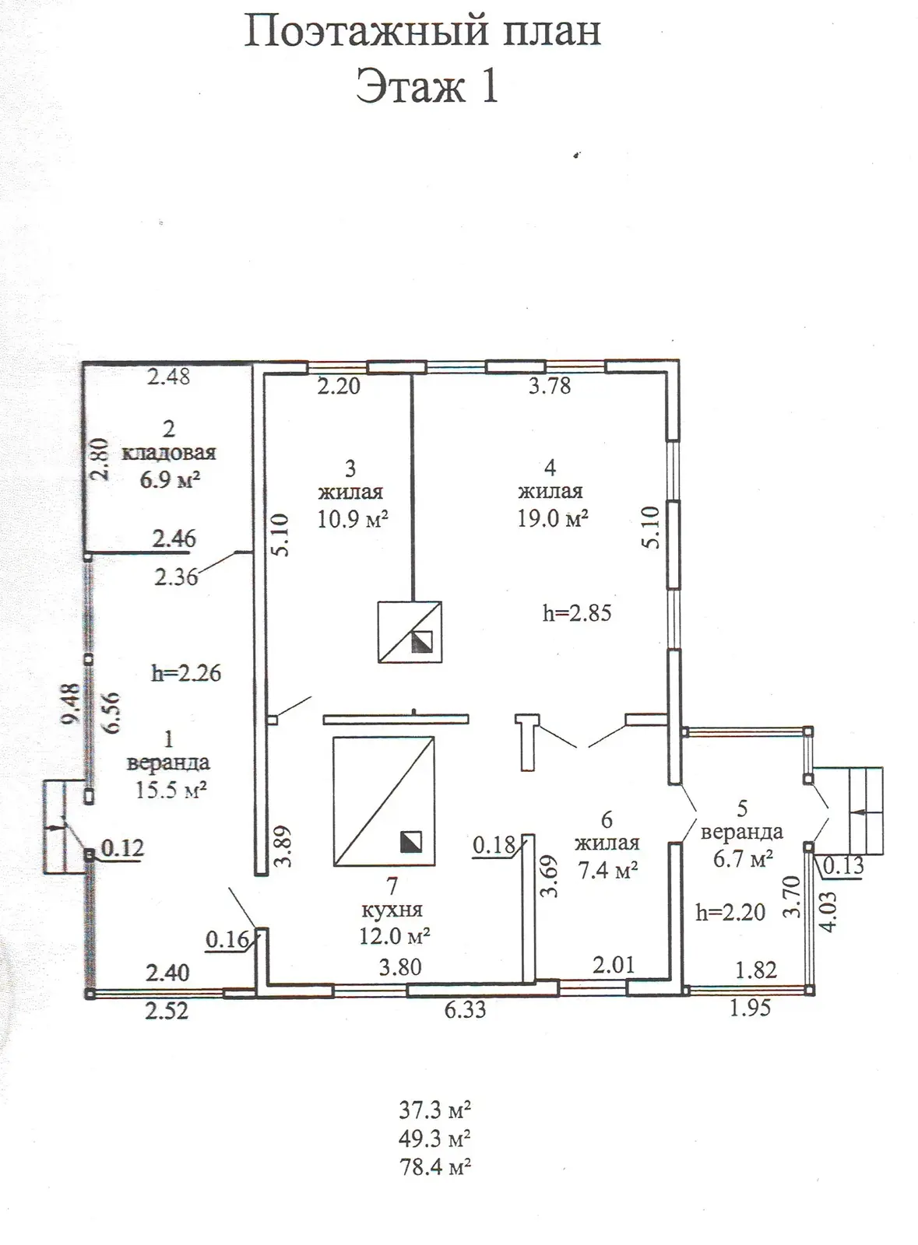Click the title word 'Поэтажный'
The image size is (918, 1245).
(x=367, y=32)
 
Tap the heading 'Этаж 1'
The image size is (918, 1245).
(x=427, y=87)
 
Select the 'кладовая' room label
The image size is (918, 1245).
(x=168, y=453)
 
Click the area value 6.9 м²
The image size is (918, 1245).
(x=170, y=479)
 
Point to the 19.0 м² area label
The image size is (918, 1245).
(x=553, y=518)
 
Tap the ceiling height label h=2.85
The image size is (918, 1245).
(x=577, y=613)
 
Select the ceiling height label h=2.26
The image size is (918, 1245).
(x=186, y=673)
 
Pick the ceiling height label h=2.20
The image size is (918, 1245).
(x=730, y=912)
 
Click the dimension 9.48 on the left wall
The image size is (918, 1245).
(x=72, y=703)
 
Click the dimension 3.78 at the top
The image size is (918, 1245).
(x=550, y=386)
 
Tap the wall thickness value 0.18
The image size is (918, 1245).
(x=494, y=845)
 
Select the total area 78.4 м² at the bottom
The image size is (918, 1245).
(x=434, y=1166)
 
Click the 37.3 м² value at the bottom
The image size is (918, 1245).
(x=434, y=1110)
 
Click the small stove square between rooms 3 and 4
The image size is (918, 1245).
(x=410, y=631)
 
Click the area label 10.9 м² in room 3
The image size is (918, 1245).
(x=353, y=520)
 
